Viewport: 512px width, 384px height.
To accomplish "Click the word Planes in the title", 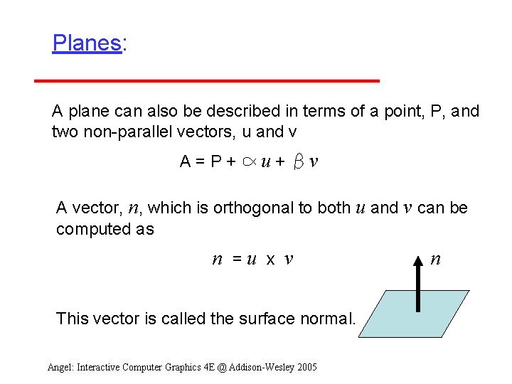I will click(x=86, y=43).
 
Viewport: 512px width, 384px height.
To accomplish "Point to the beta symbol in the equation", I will click(x=299, y=162).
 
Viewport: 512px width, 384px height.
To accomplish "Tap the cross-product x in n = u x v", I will click(x=270, y=260).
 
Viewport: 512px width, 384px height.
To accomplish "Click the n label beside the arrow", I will click(x=435, y=260).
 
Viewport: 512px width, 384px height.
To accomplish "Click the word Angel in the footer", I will click(x=60, y=367).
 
